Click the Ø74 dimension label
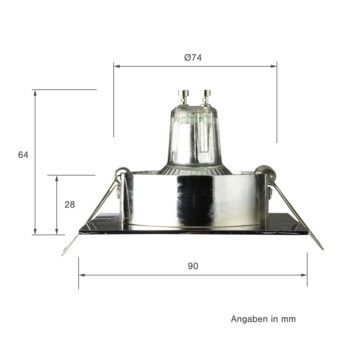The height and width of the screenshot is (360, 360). [193, 57]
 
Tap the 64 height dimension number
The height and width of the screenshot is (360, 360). [23, 155]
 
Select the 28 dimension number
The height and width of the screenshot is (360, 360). [70, 205]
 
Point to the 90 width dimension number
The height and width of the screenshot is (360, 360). [193, 266]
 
